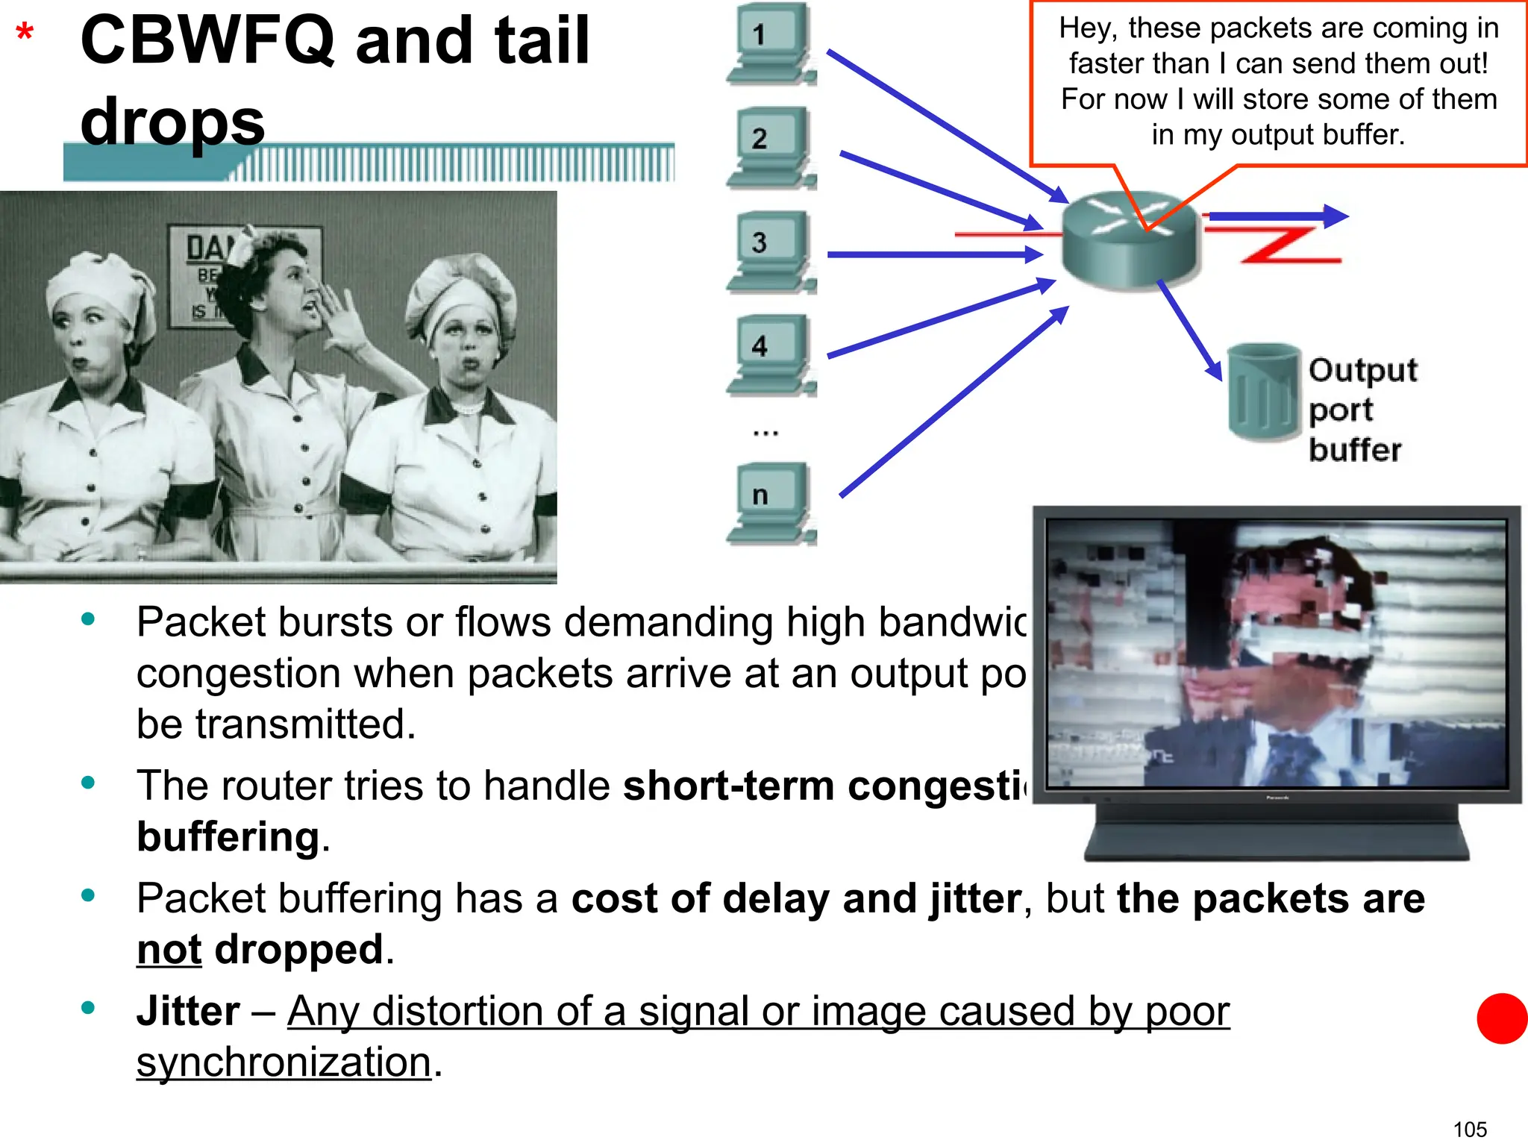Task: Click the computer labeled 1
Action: (771, 43)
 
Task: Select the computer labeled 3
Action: (771, 251)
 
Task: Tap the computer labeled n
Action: (771, 504)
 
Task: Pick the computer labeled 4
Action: (771, 355)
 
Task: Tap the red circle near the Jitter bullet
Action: (1502, 1018)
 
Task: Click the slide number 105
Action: (1470, 1129)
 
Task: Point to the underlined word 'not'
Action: (169, 950)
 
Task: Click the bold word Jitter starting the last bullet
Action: (188, 1011)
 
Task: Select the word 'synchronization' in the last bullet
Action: (284, 1062)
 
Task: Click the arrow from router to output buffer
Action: (1189, 329)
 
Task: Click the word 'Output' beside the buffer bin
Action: (1362, 370)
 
